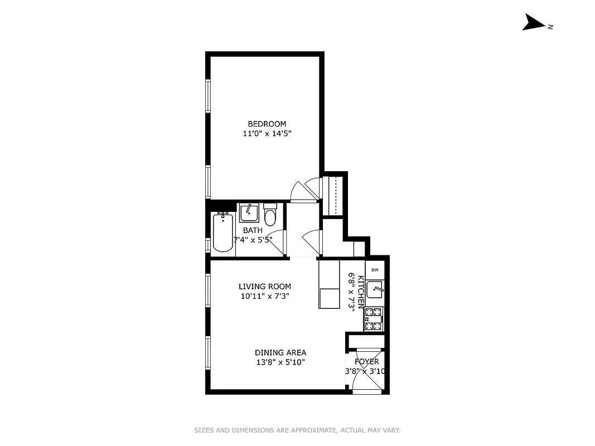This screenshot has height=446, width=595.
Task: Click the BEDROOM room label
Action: pos(267,124)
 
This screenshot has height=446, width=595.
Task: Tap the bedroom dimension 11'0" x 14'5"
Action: pos(267,134)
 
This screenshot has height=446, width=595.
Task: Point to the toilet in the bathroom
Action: pos(270,216)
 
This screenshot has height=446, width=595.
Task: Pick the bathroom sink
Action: pos(249,213)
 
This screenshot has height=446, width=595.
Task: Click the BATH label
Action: pos(253,230)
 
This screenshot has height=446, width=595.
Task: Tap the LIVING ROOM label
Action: pos(265,287)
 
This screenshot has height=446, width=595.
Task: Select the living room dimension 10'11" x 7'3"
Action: pos(265,297)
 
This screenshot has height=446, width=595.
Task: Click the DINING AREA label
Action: pos(280,352)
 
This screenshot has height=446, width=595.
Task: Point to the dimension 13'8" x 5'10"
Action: pos(280,362)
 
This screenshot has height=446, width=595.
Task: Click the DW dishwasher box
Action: pos(375,270)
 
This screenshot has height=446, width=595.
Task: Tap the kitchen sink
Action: pos(375,290)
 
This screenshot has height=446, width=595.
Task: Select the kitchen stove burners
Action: pos(374,319)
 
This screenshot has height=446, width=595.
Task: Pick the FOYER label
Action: pos(366,362)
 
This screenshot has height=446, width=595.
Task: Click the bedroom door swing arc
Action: pos(305,190)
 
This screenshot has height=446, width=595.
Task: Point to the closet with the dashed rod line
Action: pos(335,195)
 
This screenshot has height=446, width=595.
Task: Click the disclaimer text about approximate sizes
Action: pos(297,430)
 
